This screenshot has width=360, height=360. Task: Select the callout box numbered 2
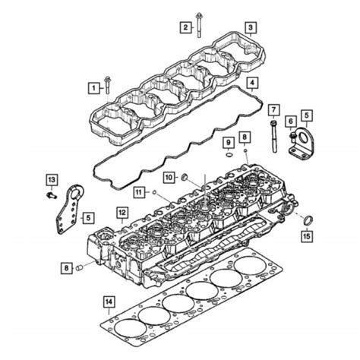pyautogui.click(x=184, y=28)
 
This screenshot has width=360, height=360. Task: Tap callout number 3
pyautogui.click(x=249, y=28)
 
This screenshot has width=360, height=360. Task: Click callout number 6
pyautogui.click(x=290, y=120)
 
